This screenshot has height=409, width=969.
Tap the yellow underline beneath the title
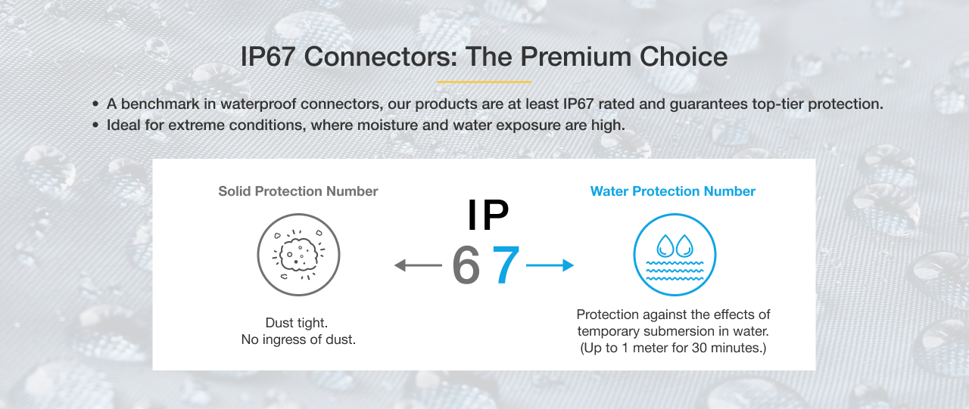(484, 82)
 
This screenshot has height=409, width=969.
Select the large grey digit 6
(466, 265)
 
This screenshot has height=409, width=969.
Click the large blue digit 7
(506, 265)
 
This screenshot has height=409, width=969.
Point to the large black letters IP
(488, 215)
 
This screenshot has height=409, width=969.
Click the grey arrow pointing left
(418, 265)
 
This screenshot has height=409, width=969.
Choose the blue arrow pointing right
(550, 265)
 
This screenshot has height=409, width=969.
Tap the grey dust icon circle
(298, 254)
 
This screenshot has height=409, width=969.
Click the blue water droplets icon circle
(674, 254)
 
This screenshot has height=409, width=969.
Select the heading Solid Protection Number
(298, 191)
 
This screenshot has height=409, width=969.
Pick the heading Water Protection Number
(673, 191)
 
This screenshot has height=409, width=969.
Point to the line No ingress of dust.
(298, 340)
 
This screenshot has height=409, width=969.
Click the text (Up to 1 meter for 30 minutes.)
(673, 349)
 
